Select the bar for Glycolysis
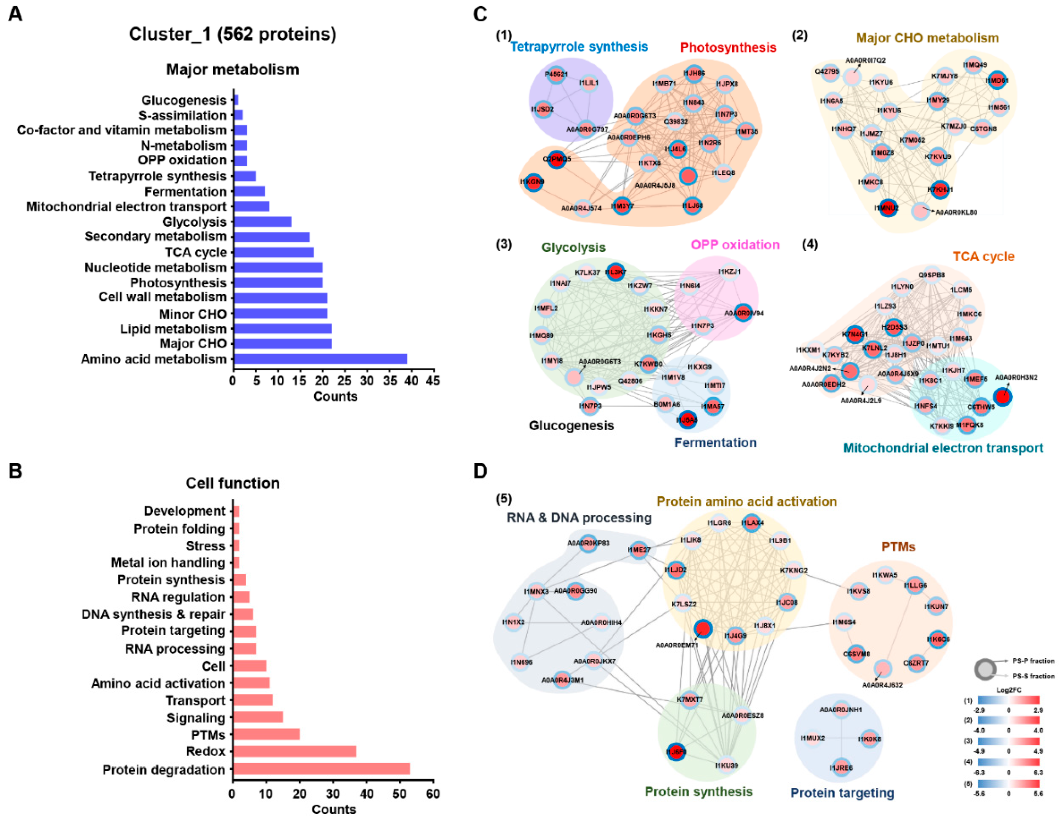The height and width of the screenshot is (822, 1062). point(262,222)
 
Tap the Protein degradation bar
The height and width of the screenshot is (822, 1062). point(321,769)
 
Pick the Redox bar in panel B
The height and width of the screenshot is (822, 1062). point(295,752)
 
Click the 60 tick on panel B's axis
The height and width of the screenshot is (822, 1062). point(433,794)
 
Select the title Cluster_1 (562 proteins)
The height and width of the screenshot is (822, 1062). point(233,34)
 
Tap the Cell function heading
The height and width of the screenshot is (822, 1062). point(233,483)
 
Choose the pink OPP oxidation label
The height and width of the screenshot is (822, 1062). point(735,244)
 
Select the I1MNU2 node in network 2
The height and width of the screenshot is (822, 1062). point(888,208)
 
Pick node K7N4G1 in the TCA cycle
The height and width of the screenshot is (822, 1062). point(855,334)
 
